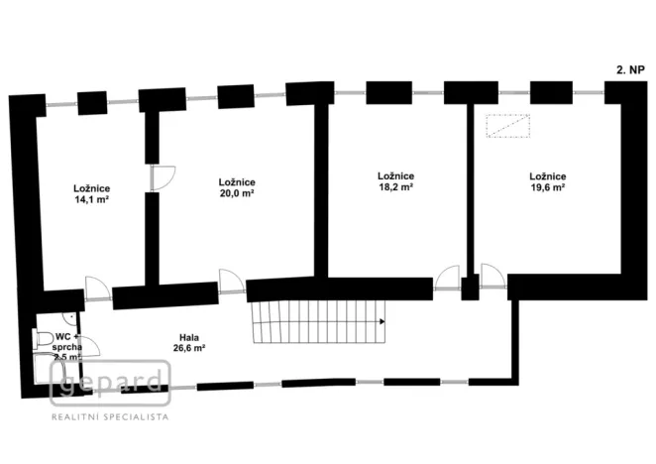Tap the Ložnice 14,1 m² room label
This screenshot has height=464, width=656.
[91, 193]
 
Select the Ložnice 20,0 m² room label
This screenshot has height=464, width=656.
[237, 187]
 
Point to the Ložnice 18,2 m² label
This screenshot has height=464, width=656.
[395, 180]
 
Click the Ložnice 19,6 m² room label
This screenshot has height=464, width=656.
[547, 180]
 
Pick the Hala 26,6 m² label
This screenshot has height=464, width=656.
[186, 342]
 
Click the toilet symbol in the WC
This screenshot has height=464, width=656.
[43, 340]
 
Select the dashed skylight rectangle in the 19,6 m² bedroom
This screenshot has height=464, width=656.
[506, 126]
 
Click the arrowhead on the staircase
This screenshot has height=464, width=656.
[383, 321]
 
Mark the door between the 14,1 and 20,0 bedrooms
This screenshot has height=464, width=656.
[161, 178]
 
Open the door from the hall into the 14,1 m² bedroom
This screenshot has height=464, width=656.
[98, 288]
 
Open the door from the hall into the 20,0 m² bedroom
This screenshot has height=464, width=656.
[231, 281]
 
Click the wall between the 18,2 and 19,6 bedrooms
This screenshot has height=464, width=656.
[470, 188]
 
